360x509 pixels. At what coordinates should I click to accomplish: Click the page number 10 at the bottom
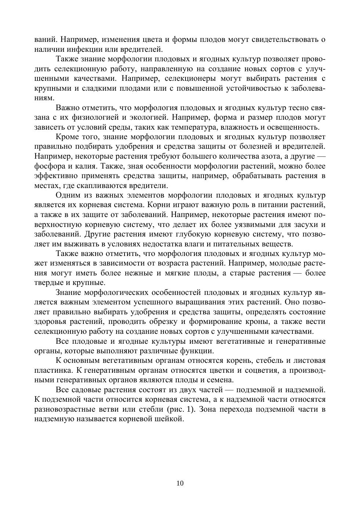(x=180, y=483)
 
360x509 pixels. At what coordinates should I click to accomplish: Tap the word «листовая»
(x=309, y=360)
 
